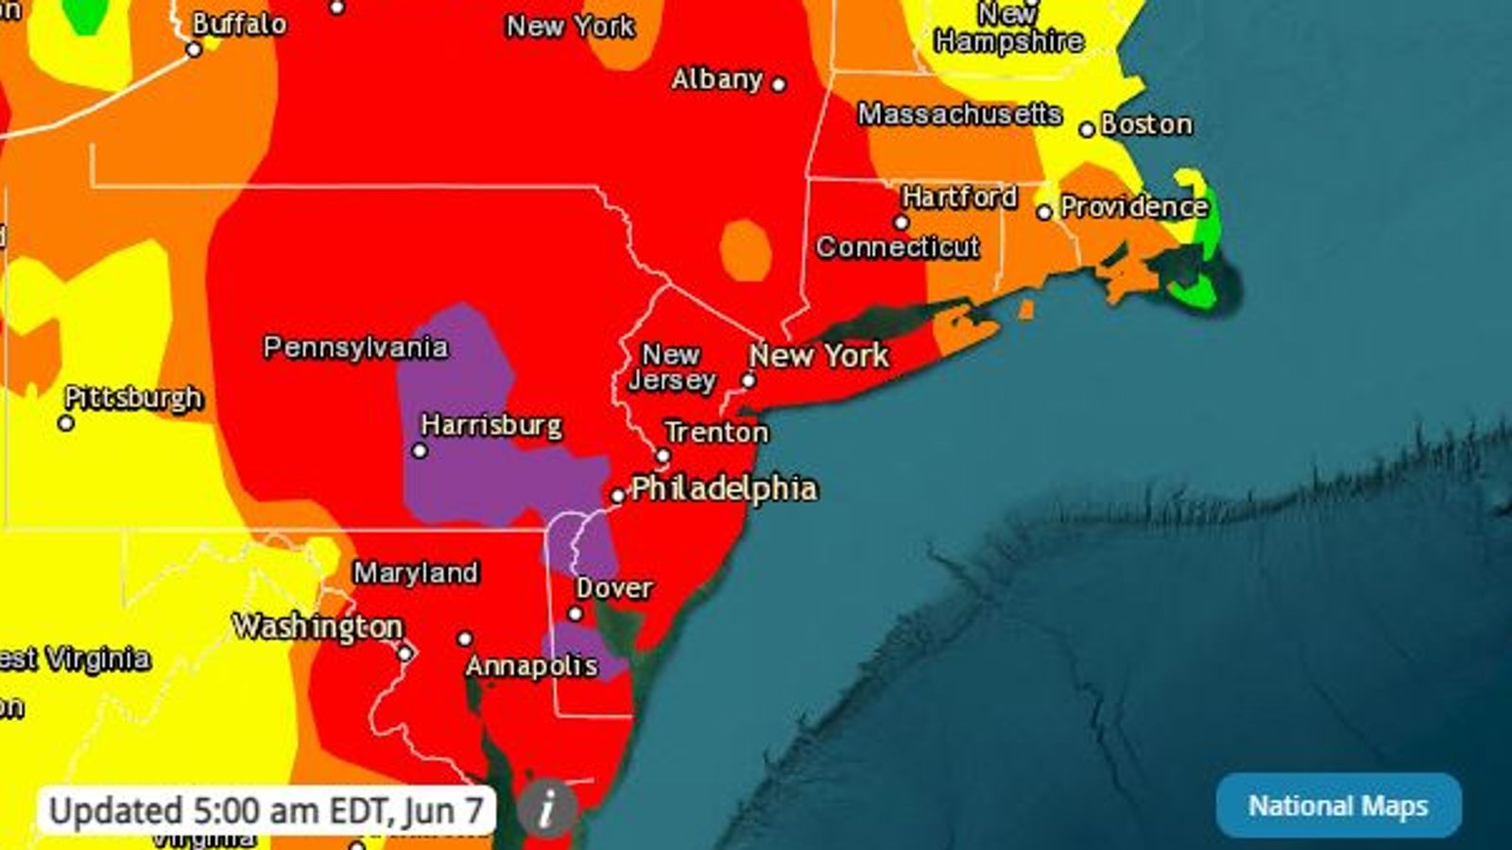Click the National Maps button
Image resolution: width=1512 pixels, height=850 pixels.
point(1338,806)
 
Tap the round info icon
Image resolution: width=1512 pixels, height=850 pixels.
point(547,808)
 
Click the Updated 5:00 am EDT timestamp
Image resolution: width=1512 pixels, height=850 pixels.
point(266,810)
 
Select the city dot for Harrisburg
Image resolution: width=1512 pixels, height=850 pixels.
point(420,450)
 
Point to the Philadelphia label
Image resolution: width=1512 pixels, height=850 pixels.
point(724,488)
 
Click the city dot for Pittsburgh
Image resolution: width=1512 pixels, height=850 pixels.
point(66,423)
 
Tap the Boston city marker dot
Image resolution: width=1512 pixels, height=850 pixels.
point(1087,128)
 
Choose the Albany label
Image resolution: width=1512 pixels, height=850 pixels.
point(716,78)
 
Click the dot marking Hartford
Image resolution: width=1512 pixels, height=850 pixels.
point(901,223)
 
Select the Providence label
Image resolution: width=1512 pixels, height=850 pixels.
point(1134,206)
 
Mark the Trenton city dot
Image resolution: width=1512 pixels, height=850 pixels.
point(663,456)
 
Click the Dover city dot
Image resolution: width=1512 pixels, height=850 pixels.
point(575,614)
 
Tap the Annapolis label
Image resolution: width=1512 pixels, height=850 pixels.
point(531,666)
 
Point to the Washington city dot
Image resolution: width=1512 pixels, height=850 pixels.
point(404,653)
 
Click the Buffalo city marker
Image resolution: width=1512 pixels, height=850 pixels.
point(194,49)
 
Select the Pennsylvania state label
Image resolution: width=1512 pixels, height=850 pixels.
point(355,347)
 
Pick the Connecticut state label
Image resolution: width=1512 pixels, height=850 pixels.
point(897,246)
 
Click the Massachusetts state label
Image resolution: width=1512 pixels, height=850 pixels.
point(959,113)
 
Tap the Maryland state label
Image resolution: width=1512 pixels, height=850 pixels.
point(416,572)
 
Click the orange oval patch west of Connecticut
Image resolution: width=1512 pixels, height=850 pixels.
point(746,250)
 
